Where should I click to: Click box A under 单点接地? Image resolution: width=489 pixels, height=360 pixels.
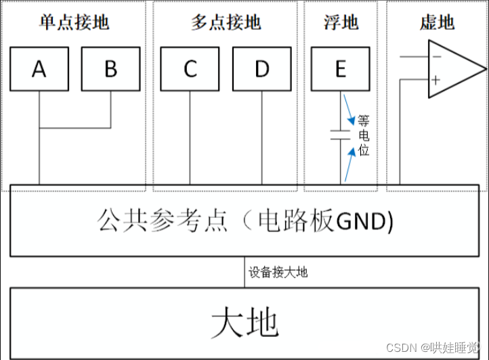pos(39,69)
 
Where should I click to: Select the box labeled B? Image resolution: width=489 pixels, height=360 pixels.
pos(110,69)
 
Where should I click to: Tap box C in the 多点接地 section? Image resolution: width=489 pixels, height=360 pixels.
pos(190,69)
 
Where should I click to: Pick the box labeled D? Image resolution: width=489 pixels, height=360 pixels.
pos(261,69)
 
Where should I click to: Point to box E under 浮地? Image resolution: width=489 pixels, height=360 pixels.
pos(340,69)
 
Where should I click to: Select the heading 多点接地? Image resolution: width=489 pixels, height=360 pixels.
pos(226,24)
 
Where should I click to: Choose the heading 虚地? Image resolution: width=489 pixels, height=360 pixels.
pos(437,24)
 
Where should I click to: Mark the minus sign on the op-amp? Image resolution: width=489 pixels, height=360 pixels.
pos(435,57)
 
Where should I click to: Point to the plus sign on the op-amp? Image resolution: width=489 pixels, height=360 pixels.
pos(435,80)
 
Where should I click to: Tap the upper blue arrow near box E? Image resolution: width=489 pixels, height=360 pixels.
pos(349,109)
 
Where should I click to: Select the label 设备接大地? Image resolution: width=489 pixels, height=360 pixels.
pos(278,273)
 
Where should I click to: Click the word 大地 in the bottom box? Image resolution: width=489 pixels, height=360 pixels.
pos(244,323)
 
